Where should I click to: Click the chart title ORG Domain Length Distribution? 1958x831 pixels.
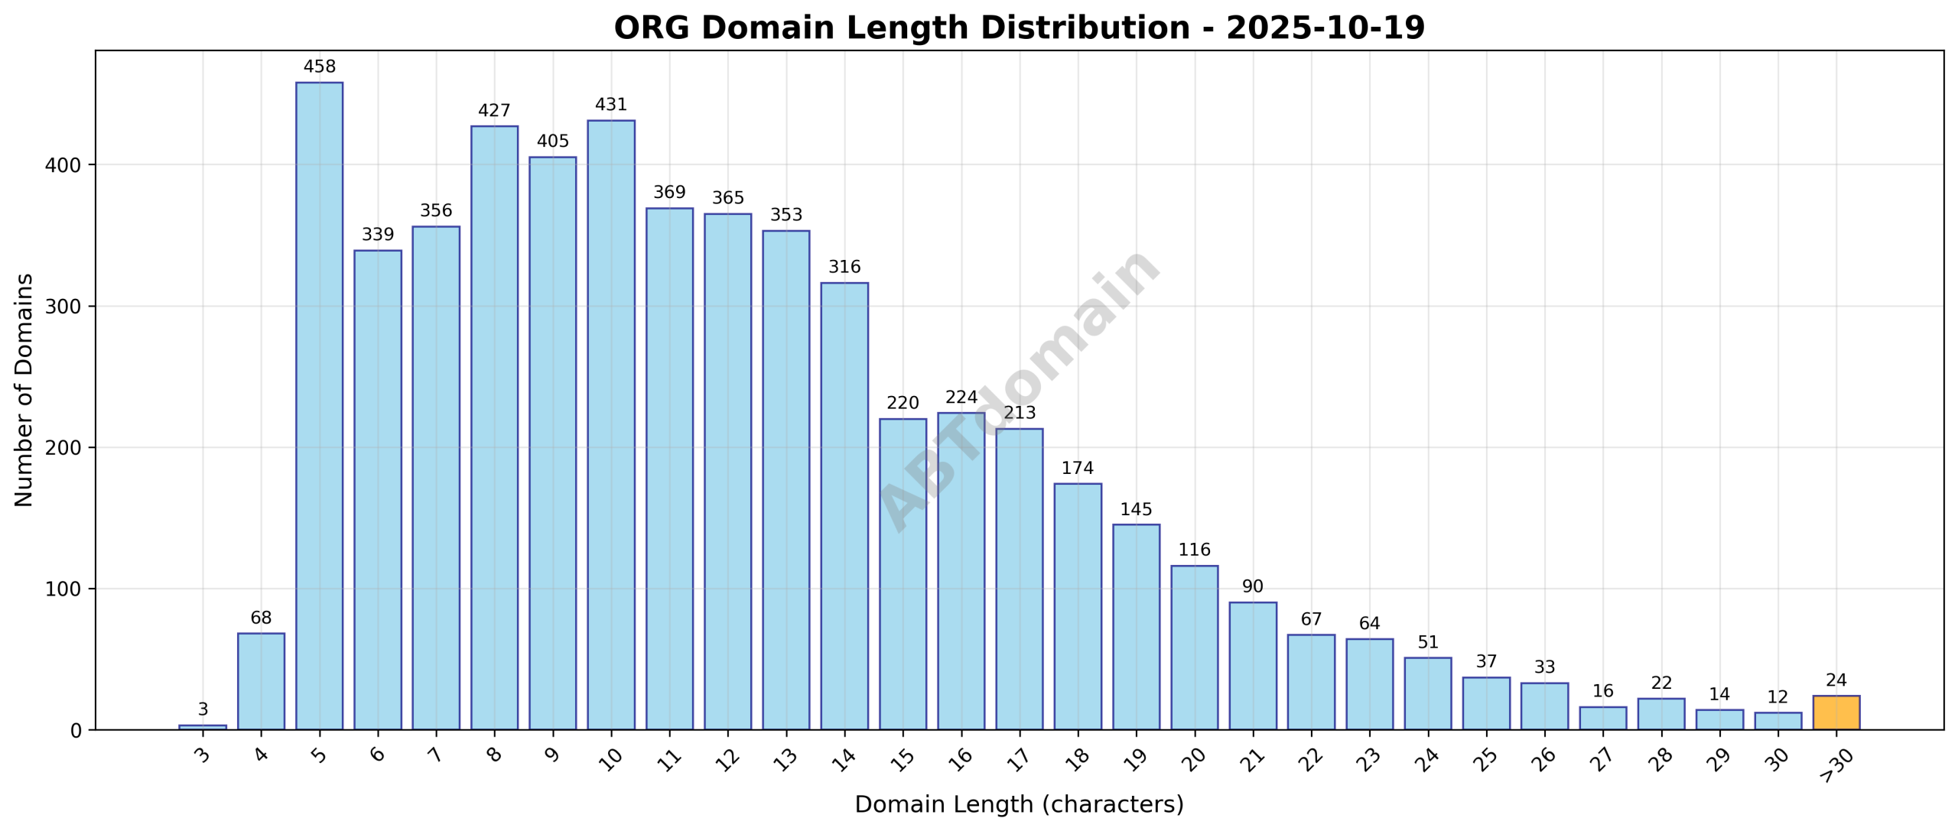(x=1019, y=28)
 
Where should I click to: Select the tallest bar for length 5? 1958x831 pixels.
(x=319, y=405)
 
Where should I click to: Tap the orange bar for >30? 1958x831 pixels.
(x=1836, y=713)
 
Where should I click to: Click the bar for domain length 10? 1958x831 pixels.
(x=611, y=424)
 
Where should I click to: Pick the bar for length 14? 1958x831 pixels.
(x=844, y=506)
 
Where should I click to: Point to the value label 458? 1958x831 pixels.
(x=319, y=67)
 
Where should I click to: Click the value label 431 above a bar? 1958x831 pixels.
(x=611, y=105)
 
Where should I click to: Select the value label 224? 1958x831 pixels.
(x=961, y=398)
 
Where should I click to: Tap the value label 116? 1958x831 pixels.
(x=1194, y=550)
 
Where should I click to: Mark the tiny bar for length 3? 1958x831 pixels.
(x=203, y=726)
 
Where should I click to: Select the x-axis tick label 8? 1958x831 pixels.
(x=494, y=755)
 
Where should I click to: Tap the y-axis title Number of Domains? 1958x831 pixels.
(x=24, y=390)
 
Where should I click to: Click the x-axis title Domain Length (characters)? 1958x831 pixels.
(x=1019, y=805)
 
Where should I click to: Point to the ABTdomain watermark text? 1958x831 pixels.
(x=1020, y=390)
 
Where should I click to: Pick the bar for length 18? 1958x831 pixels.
(x=1078, y=606)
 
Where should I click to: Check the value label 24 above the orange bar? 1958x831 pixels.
(x=1836, y=680)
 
